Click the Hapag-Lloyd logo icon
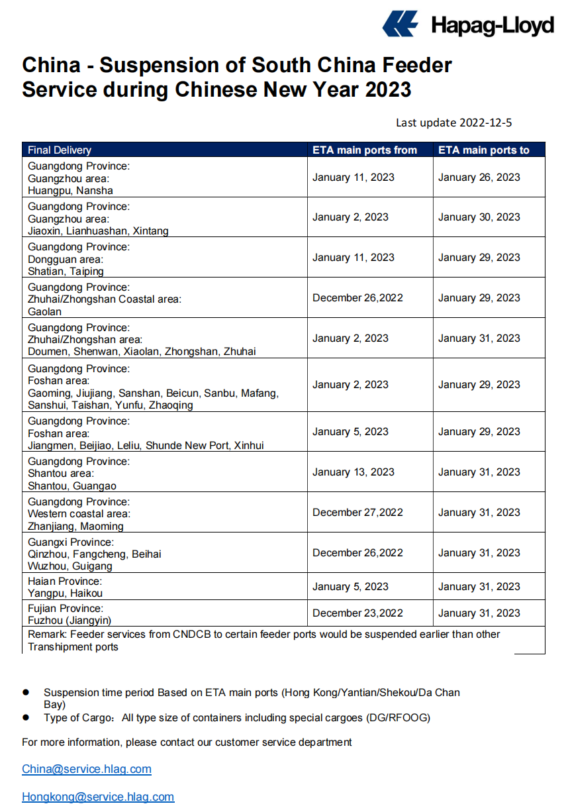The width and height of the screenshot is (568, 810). click(x=401, y=24)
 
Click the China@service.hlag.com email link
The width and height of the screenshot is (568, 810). click(x=87, y=769)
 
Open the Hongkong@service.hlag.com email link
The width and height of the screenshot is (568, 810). click(x=98, y=797)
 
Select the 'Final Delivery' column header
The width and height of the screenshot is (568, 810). click(x=60, y=150)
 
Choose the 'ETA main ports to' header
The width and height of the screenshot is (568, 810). click(x=484, y=150)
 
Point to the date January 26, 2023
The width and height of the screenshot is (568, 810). click(x=479, y=177)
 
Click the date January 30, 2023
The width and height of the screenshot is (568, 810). click(x=479, y=217)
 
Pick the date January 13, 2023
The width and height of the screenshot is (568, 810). click(x=354, y=472)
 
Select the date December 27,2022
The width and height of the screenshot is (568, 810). click(x=357, y=513)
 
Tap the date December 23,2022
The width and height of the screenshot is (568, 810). click(x=357, y=613)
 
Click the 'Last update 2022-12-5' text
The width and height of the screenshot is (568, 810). click(x=454, y=123)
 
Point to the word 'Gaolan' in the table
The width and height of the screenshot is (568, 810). click(x=45, y=311)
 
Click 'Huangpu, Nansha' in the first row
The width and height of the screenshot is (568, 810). click(x=70, y=191)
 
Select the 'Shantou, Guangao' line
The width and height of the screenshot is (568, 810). click(x=72, y=486)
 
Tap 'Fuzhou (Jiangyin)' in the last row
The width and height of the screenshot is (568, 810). click(x=70, y=621)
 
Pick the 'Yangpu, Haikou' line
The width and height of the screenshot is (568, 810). click(x=65, y=593)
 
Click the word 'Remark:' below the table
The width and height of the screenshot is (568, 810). click(x=47, y=634)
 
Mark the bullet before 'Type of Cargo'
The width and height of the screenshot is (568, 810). click(x=26, y=717)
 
